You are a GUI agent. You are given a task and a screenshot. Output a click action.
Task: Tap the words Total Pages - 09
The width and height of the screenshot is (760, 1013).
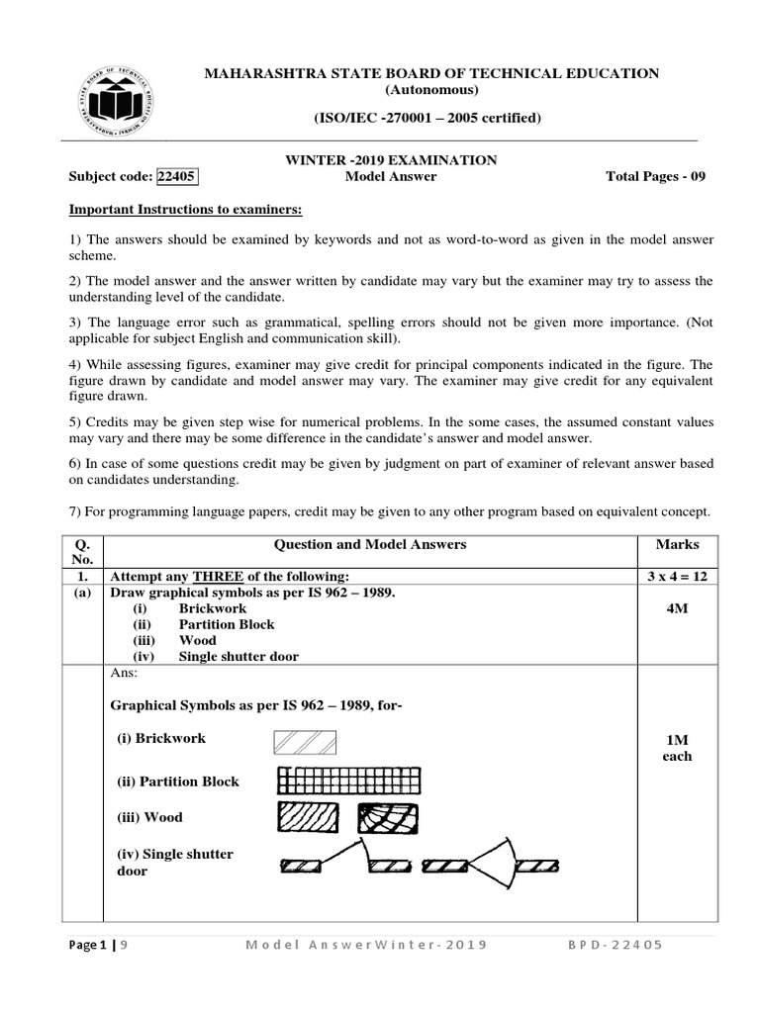click(x=656, y=177)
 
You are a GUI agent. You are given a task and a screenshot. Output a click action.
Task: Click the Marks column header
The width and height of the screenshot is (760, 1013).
click(x=677, y=544)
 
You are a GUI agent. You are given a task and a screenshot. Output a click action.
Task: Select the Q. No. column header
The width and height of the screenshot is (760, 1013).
click(x=83, y=552)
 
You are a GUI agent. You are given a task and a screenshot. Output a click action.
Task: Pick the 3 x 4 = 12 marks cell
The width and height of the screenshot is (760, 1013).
click(x=677, y=577)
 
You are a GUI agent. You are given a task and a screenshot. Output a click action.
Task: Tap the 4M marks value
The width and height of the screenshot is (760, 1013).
click(x=677, y=609)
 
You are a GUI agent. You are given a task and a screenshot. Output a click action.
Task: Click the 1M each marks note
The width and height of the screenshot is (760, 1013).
click(x=677, y=748)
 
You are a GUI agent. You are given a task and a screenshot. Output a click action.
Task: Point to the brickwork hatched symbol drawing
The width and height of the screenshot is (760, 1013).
click(x=303, y=742)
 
